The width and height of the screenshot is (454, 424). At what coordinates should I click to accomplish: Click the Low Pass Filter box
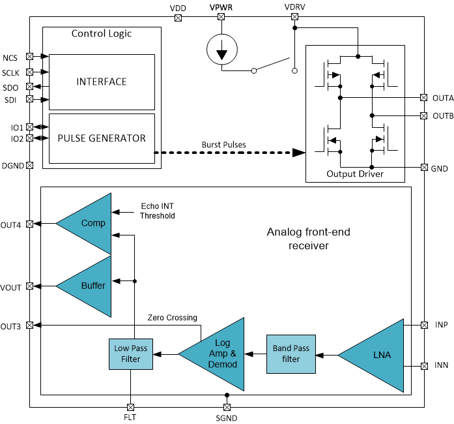[x=130, y=354]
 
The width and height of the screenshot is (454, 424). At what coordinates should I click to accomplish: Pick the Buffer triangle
[x=90, y=285]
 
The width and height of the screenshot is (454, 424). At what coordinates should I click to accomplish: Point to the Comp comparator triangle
[x=90, y=223]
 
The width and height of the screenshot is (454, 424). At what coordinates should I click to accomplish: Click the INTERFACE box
[x=102, y=82]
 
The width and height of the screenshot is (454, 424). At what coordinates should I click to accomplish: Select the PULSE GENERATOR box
[x=102, y=138]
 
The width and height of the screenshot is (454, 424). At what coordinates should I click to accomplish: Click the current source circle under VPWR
[x=222, y=51]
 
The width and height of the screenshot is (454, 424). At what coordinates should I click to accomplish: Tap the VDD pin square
[x=178, y=18]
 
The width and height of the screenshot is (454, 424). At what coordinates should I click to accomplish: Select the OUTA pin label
[x=442, y=98]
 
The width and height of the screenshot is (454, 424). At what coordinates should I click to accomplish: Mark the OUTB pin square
[x=424, y=116]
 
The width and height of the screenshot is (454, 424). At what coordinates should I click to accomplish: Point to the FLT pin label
[x=130, y=417]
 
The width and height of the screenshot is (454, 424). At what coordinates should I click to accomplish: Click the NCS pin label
[x=10, y=57]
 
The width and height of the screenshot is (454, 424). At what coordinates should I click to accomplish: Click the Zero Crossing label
[x=173, y=318]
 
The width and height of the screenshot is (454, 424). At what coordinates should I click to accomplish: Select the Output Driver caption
[x=354, y=174]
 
